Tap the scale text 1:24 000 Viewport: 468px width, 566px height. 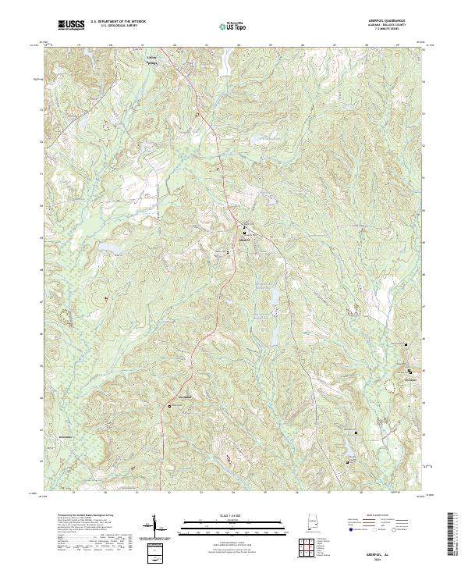pos(232,517)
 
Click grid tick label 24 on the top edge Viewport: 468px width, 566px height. pos(238,46)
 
